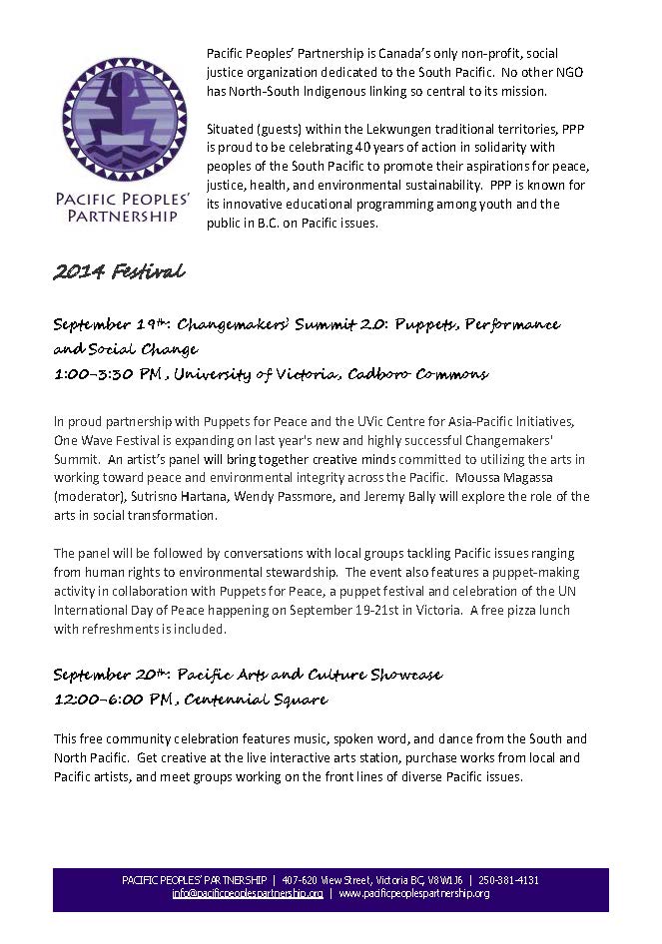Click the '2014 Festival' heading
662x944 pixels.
click(x=120, y=271)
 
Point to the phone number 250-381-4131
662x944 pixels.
click(x=510, y=880)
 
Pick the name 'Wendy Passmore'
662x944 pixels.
click(x=261, y=496)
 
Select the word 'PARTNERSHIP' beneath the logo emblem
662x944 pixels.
click(x=124, y=215)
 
